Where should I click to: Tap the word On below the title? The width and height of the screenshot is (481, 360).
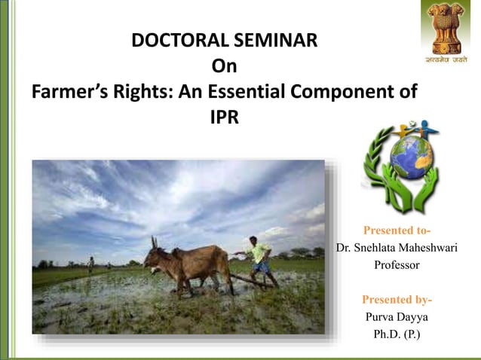(224, 66)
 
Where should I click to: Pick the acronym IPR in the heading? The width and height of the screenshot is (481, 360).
(223, 118)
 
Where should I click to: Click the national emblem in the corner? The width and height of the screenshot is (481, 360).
(445, 26)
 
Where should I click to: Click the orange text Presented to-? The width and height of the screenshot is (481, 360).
(397, 230)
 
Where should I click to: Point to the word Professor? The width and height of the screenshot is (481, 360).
(397, 265)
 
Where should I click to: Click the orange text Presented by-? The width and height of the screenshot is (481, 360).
(397, 300)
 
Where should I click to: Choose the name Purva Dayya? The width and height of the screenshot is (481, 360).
(397, 317)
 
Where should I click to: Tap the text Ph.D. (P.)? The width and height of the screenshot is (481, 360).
(397, 334)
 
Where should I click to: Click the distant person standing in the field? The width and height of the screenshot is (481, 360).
(90, 264)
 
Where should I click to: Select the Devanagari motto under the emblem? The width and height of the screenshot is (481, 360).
(445, 59)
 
